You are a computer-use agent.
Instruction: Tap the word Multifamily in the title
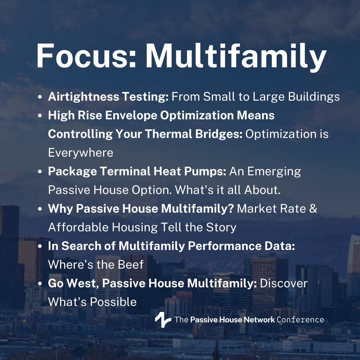[x=236, y=57]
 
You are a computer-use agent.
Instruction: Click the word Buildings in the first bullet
[x=314, y=97]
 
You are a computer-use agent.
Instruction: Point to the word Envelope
[x=131, y=115]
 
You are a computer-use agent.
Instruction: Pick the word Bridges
[x=219, y=134]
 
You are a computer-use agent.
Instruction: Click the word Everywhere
[x=81, y=153]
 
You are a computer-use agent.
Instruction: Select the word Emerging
[x=274, y=172]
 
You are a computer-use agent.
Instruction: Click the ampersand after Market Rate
[x=313, y=208]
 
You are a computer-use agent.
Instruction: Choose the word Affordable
[x=79, y=227]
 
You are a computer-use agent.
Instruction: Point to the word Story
[x=221, y=227]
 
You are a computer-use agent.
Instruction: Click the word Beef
[x=131, y=264]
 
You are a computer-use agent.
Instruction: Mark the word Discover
[x=284, y=283]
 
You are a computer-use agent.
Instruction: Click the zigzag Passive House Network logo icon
[x=163, y=320]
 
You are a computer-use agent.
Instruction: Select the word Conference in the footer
[x=300, y=320]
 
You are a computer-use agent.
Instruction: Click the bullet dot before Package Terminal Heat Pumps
[x=40, y=172]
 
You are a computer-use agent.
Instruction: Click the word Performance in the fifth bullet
[x=225, y=246]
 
